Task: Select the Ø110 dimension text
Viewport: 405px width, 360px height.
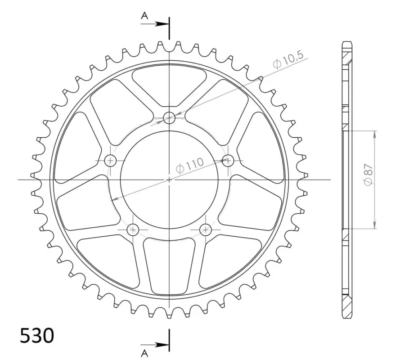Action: (x=189, y=166)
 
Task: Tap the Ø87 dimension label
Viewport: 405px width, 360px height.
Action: (x=368, y=175)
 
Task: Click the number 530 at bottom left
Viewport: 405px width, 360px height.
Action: (x=37, y=336)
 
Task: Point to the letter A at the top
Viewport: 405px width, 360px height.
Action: (x=144, y=16)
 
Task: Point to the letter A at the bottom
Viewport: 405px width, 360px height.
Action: (x=145, y=353)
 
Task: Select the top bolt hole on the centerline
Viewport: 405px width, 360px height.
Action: (x=169, y=118)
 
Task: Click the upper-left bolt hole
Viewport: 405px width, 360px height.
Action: (x=111, y=161)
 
